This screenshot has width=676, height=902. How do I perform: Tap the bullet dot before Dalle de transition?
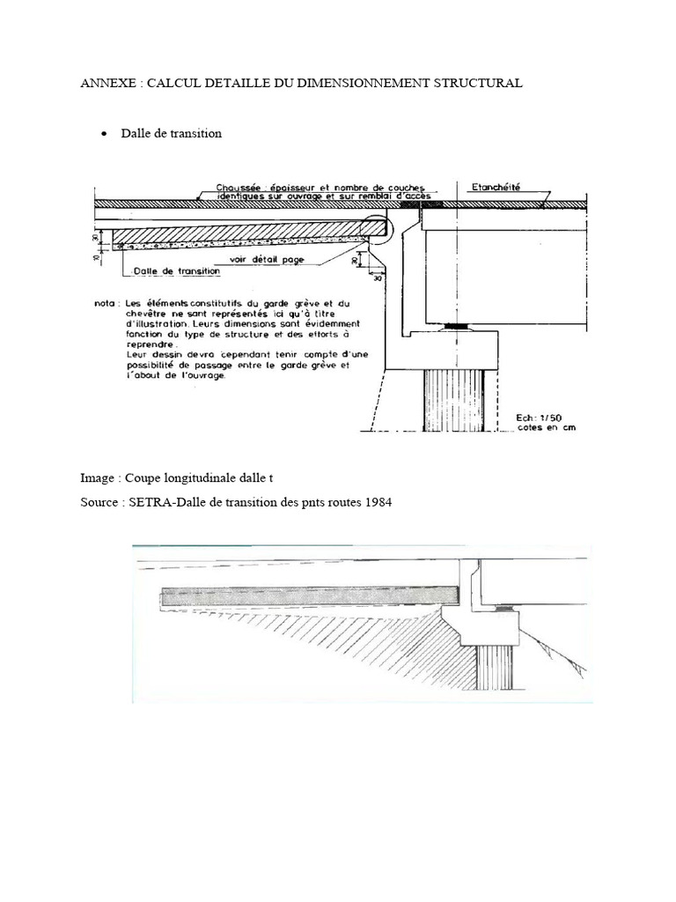coord(104,134)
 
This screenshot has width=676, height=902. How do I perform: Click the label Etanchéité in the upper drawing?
coord(496,187)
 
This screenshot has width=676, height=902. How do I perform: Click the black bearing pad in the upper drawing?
coord(455,327)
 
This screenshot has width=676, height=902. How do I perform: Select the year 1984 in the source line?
coord(378,503)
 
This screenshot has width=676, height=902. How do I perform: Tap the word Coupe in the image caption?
coord(144,478)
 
